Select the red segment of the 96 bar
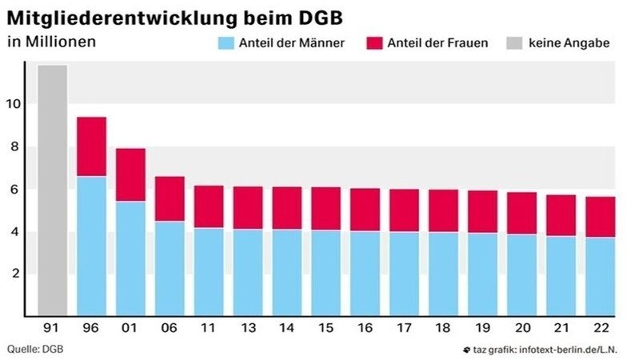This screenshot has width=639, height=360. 91,146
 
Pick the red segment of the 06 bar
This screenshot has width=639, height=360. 170,198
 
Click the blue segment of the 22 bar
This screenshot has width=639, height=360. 599,275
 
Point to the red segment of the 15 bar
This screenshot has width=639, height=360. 325,208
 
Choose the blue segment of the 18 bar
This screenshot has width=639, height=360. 443,273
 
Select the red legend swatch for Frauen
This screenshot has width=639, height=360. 373,42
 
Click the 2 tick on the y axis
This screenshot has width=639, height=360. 17,274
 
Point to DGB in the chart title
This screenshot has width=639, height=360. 323,15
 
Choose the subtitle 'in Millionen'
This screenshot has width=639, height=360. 51,41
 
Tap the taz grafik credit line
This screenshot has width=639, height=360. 548,349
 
